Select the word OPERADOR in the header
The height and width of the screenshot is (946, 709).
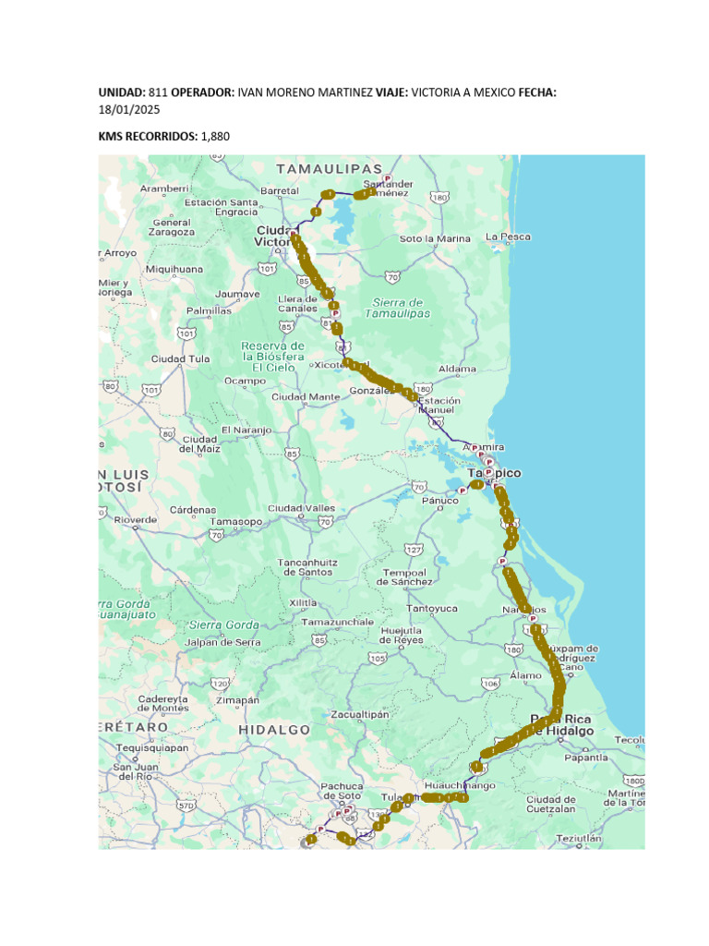point(202,93)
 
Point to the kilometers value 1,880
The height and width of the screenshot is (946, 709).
point(214,137)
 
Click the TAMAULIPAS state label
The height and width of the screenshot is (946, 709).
point(329,169)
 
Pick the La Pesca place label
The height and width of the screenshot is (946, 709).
point(509,236)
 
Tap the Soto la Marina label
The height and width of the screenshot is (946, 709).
point(435,238)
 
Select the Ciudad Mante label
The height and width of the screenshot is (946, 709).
point(306,396)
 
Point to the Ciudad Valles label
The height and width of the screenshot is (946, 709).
point(301,508)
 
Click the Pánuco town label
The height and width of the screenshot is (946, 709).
point(440,501)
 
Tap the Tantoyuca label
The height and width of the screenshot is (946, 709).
point(433,608)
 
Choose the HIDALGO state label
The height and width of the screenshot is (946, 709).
point(274,729)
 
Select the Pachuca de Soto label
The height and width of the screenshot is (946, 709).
point(342,791)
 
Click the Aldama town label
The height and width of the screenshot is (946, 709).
point(458,369)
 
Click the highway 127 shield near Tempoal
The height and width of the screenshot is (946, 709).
point(415,550)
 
